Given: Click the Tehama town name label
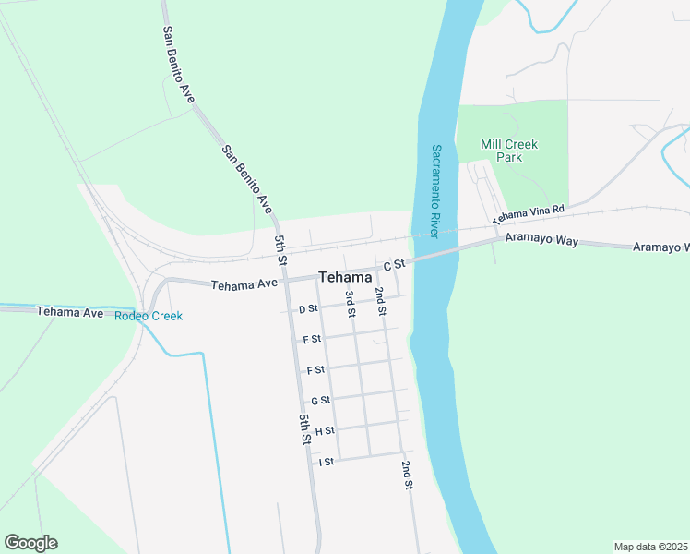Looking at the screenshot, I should click(345, 277).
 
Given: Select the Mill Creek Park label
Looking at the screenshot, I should click(508, 151).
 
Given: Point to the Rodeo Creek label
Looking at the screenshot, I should click(148, 316).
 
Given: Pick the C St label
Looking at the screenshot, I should click(395, 264).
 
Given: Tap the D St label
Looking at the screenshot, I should click(308, 308).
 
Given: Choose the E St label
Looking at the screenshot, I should click(312, 339).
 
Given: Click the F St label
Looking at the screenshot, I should click(315, 370).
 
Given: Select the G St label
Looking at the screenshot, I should click(320, 401).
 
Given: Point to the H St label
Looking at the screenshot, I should click(324, 431).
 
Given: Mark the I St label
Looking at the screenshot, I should click(326, 462).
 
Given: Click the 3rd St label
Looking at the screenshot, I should click(351, 304).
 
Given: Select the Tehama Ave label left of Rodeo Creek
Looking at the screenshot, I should click(70, 312).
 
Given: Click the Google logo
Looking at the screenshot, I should click(30, 543).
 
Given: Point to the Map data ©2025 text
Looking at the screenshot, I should click(649, 547).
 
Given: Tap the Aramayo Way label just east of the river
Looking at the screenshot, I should click(541, 240).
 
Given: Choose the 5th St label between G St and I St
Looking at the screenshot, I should click(304, 430).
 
